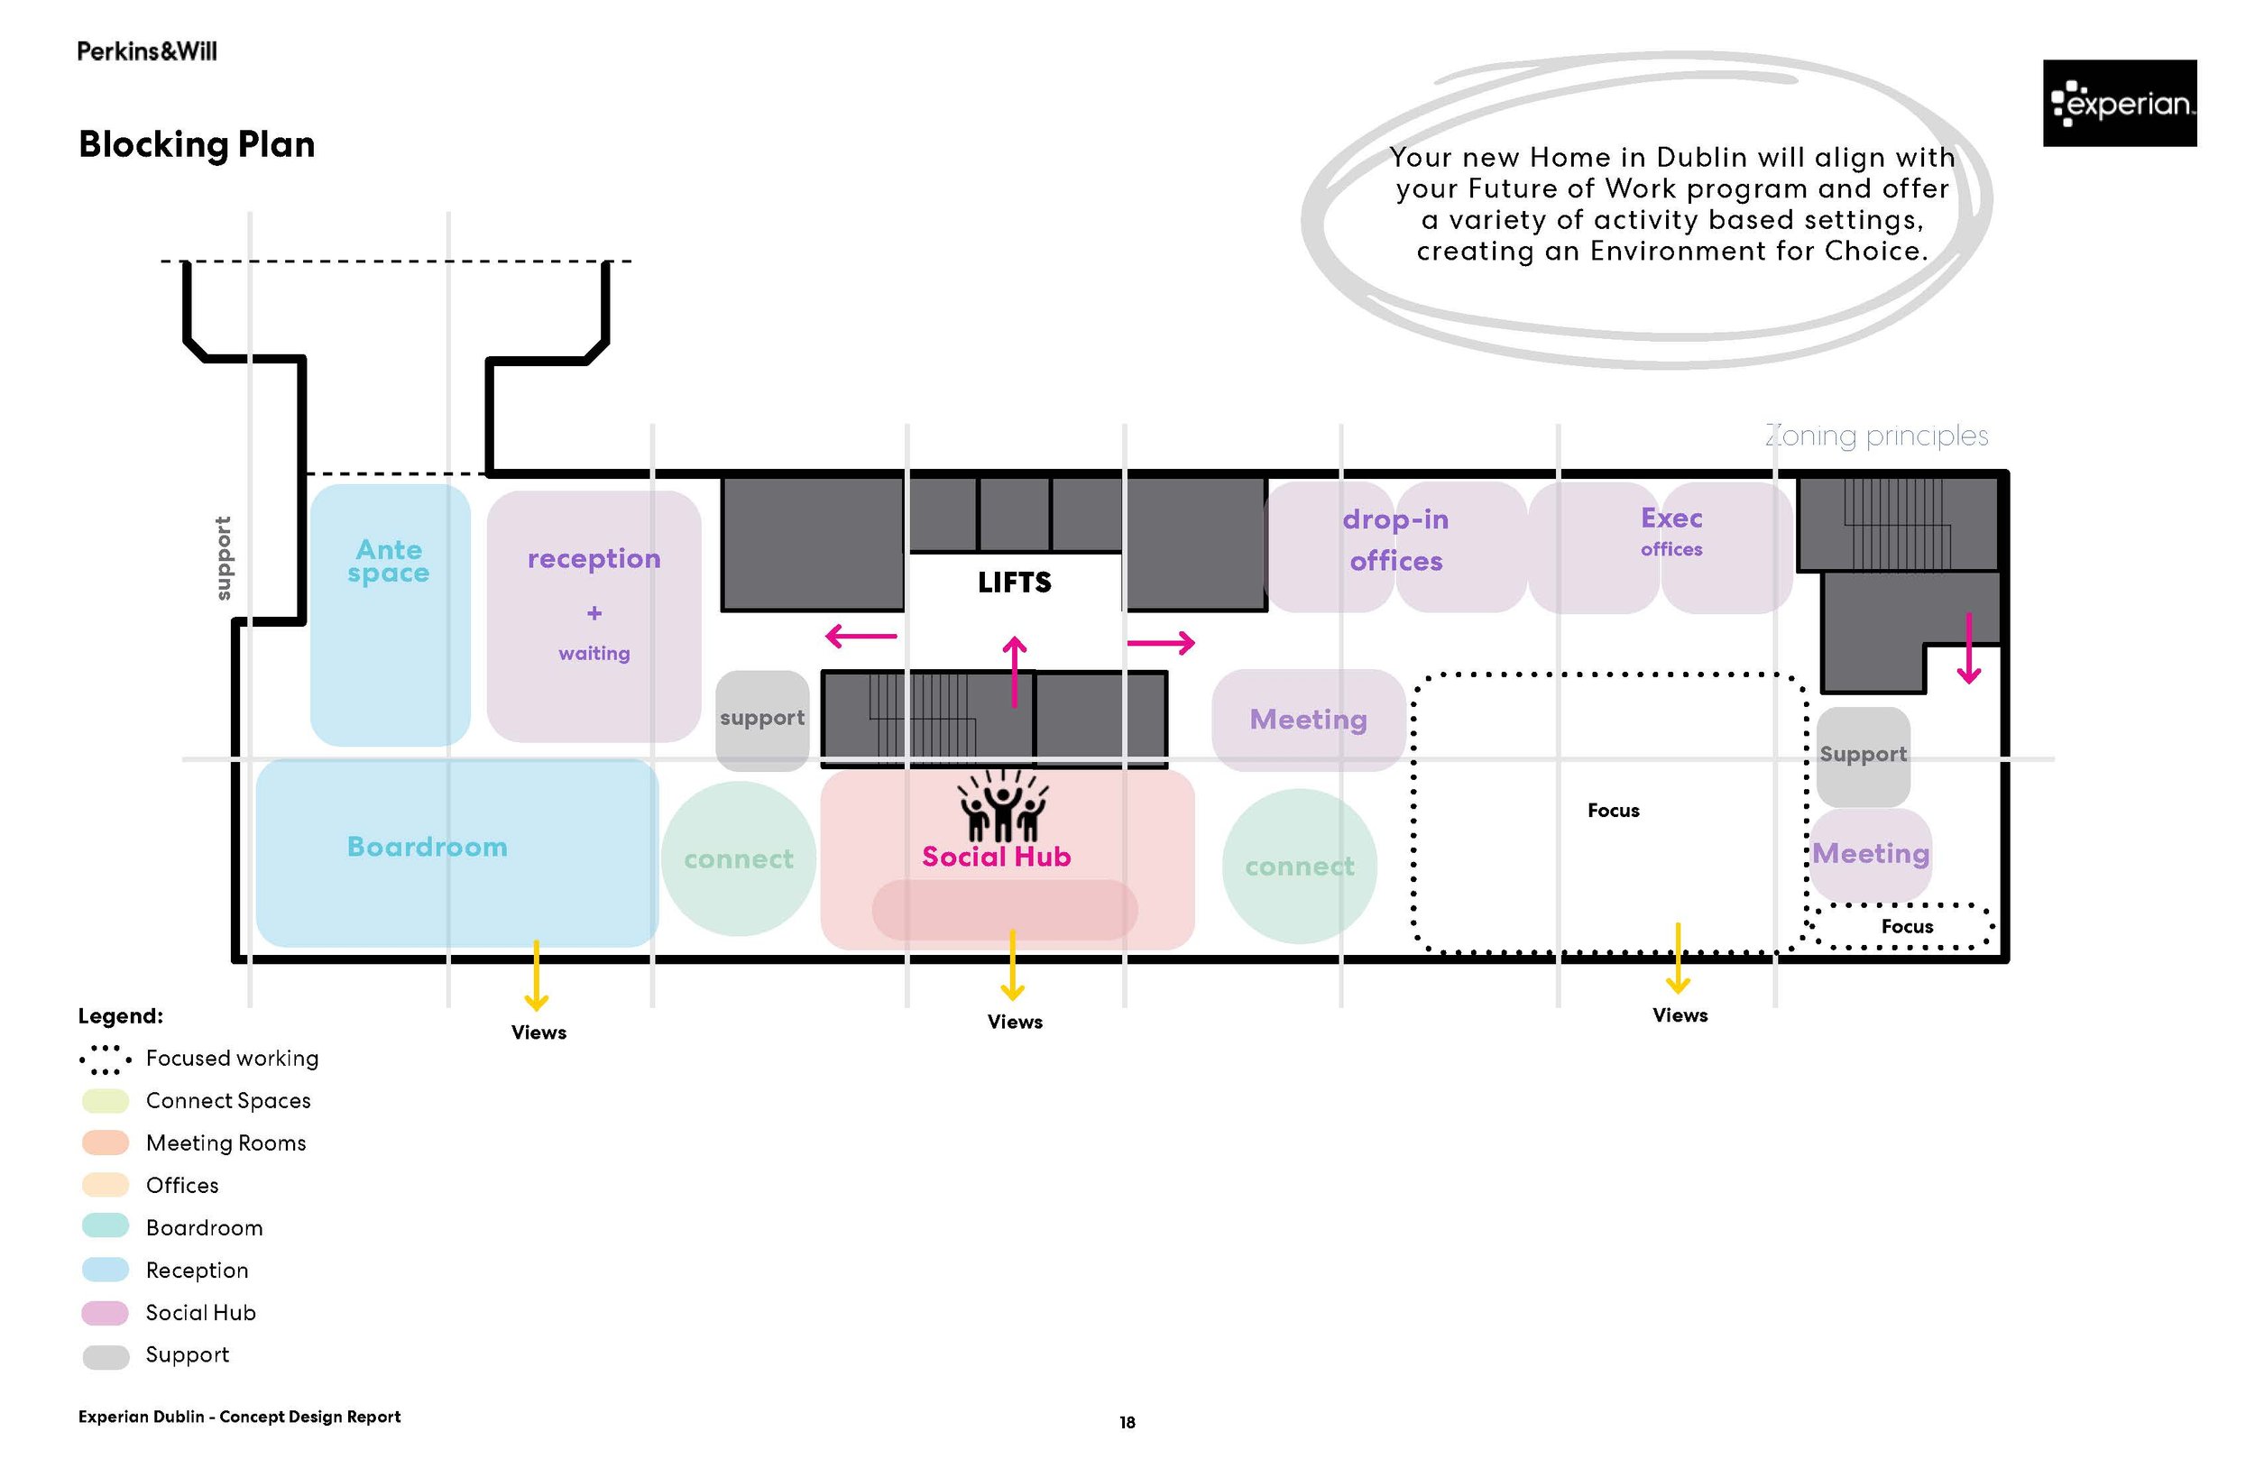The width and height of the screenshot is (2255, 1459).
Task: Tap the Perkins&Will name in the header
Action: click(147, 51)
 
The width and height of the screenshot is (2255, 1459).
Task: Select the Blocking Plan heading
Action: click(196, 145)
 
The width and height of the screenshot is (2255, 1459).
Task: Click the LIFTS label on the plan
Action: click(1014, 583)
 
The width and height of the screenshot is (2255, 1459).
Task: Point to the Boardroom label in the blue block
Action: click(428, 847)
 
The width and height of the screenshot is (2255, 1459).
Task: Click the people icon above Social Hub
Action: click(1002, 807)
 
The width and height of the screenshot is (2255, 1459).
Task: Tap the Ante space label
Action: click(389, 561)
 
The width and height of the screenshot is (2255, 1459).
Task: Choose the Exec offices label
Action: click(1671, 530)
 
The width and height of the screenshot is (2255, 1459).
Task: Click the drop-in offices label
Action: click(1395, 540)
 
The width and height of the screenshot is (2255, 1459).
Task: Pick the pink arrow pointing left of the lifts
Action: click(861, 636)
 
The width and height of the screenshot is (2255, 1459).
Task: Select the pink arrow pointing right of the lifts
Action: click(1162, 643)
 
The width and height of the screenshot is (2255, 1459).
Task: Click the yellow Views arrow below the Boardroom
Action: click(537, 976)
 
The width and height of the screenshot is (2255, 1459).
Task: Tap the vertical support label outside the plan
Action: click(223, 558)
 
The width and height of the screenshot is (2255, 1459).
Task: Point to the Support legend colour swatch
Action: click(106, 1357)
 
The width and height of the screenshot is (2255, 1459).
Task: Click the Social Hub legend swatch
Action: click(106, 1314)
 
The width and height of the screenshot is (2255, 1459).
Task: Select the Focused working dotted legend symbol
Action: click(105, 1060)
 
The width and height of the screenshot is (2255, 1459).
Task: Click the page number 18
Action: click(1127, 1423)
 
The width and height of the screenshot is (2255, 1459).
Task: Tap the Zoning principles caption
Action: click(1876, 436)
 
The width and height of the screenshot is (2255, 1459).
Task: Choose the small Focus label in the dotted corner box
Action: click(1906, 927)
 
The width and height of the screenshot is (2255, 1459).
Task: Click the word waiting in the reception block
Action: click(594, 654)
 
